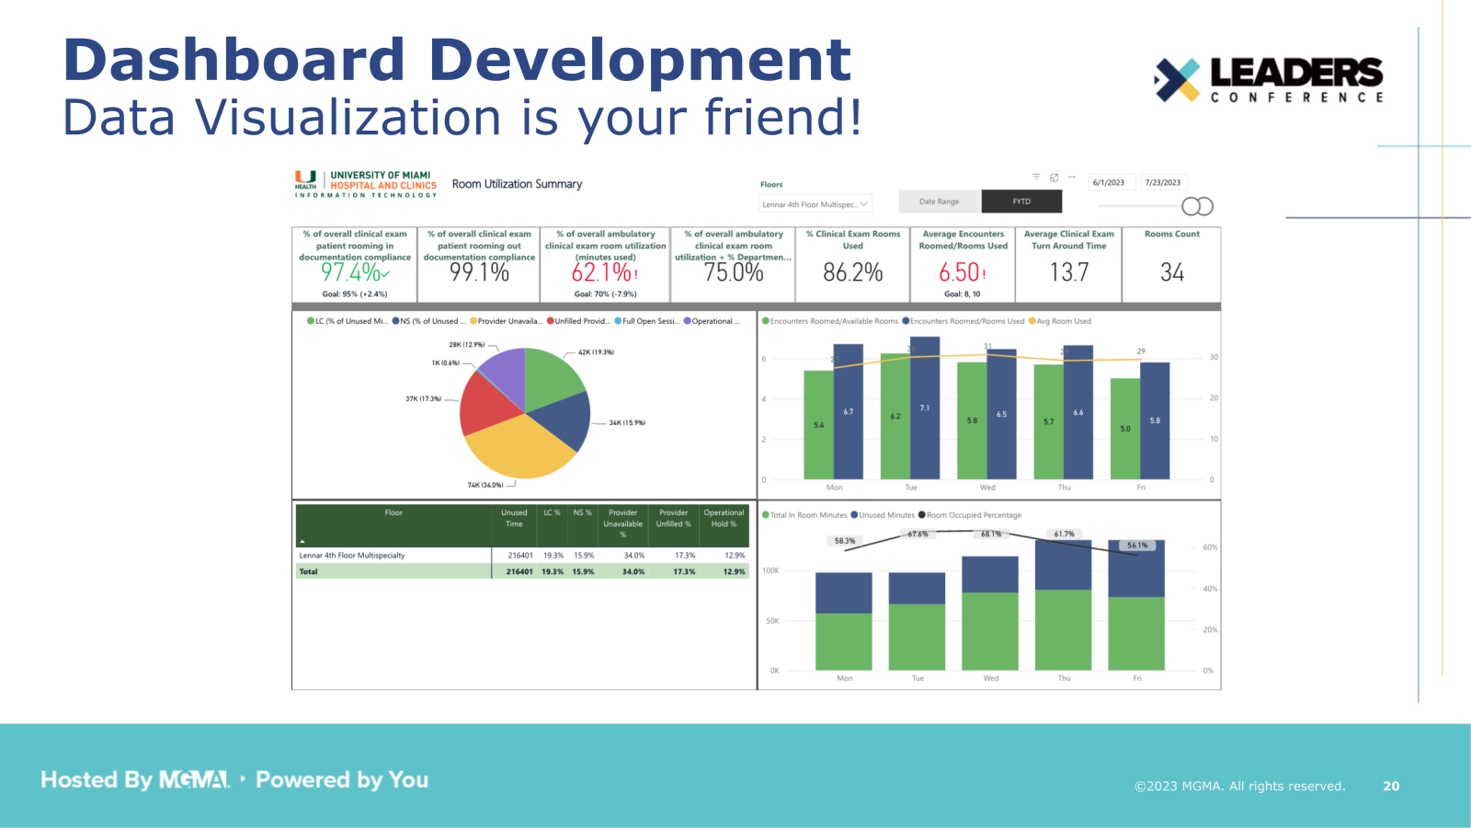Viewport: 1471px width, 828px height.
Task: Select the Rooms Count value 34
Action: click(x=1171, y=272)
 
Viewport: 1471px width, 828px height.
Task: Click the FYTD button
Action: click(x=1021, y=201)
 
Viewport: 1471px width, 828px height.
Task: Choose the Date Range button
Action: click(x=939, y=201)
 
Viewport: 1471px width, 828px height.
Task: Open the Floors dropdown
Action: click(x=815, y=204)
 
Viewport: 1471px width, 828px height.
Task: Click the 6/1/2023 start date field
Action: click(x=1109, y=182)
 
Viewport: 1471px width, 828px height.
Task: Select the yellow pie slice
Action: click(x=519, y=446)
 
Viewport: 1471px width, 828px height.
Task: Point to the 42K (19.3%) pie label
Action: click(x=596, y=352)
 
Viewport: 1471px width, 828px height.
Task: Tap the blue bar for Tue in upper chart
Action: click(x=925, y=408)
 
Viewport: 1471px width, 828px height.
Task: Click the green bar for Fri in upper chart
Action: click(x=1124, y=429)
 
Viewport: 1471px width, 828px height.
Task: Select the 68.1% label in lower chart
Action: click(x=990, y=535)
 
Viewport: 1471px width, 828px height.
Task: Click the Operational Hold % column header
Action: click(x=724, y=518)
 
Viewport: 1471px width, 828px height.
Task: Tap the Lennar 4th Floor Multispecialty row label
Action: click(x=352, y=556)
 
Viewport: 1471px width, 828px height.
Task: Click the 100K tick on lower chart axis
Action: click(x=770, y=570)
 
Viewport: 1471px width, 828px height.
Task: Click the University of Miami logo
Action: click(x=365, y=184)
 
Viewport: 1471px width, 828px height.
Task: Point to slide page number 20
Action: click(x=1391, y=786)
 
